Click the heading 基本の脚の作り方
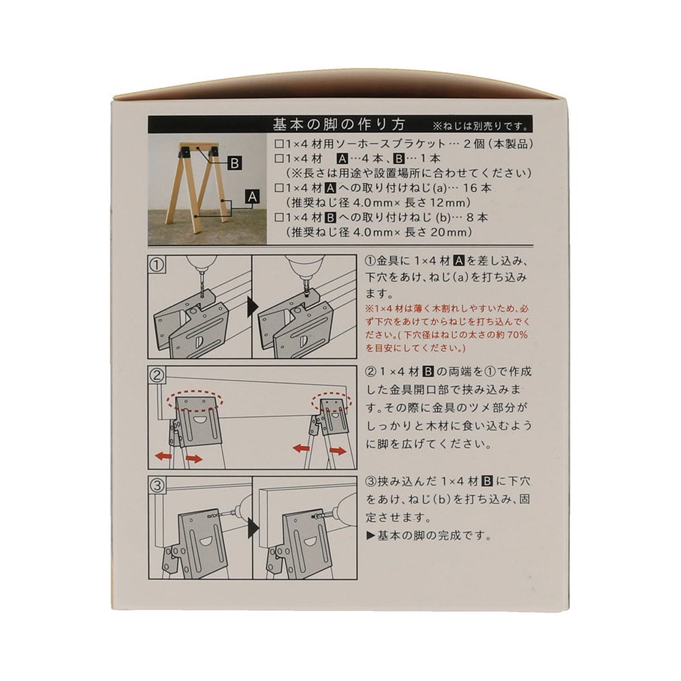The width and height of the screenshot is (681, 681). [338, 125]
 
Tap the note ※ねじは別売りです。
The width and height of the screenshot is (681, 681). [481, 127]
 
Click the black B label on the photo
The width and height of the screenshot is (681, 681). [234, 163]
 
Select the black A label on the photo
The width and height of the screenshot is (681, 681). [253, 197]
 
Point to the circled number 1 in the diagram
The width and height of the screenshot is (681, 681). [157, 265]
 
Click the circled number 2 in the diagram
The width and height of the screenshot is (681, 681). [157, 375]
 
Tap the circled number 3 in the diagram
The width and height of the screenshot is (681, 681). [157, 485]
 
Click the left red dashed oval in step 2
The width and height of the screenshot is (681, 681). [195, 402]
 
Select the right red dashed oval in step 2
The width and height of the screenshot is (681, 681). [331, 403]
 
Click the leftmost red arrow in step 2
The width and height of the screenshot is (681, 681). [163, 456]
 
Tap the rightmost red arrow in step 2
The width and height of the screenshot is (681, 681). [338, 452]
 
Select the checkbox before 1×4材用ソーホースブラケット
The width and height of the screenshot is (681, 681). [279, 144]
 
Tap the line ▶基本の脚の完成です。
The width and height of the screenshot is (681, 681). [429, 535]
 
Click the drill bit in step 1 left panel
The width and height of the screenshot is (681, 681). [202, 283]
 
